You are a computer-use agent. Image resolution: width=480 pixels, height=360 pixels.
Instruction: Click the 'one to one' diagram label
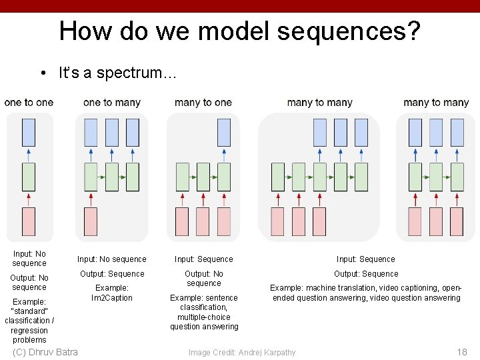coord(29,103)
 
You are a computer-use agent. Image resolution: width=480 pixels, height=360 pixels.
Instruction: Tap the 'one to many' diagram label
coord(112,103)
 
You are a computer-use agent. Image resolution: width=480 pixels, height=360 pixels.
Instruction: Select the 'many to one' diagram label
coord(203,103)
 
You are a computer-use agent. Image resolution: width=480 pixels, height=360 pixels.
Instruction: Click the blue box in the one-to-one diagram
coord(29,133)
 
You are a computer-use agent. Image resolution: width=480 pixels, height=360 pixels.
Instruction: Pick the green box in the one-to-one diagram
coord(29,177)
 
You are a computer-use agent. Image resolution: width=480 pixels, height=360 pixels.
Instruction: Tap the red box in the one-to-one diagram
coord(29,221)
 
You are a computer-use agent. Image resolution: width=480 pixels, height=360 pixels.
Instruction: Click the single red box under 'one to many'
coord(91,221)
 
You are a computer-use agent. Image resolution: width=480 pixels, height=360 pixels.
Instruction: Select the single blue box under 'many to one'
coord(224,133)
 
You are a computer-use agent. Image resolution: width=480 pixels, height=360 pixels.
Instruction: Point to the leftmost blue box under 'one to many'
coord(91,133)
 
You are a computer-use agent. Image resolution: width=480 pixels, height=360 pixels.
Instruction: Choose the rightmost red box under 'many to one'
coord(224,221)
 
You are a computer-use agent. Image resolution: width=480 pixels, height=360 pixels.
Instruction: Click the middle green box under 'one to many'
coord(112,177)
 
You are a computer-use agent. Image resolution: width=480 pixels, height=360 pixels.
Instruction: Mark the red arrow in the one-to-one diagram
coord(29,199)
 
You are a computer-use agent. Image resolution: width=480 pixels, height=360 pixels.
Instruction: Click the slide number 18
coord(461,352)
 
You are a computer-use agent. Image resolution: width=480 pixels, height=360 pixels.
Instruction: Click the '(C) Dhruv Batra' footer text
coord(45,352)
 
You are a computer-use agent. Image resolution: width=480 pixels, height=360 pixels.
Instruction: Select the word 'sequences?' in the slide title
coord(364,31)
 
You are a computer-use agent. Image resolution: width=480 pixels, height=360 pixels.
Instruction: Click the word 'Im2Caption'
coord(112,298)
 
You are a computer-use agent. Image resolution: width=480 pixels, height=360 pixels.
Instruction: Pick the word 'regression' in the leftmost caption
coord(29,331)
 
